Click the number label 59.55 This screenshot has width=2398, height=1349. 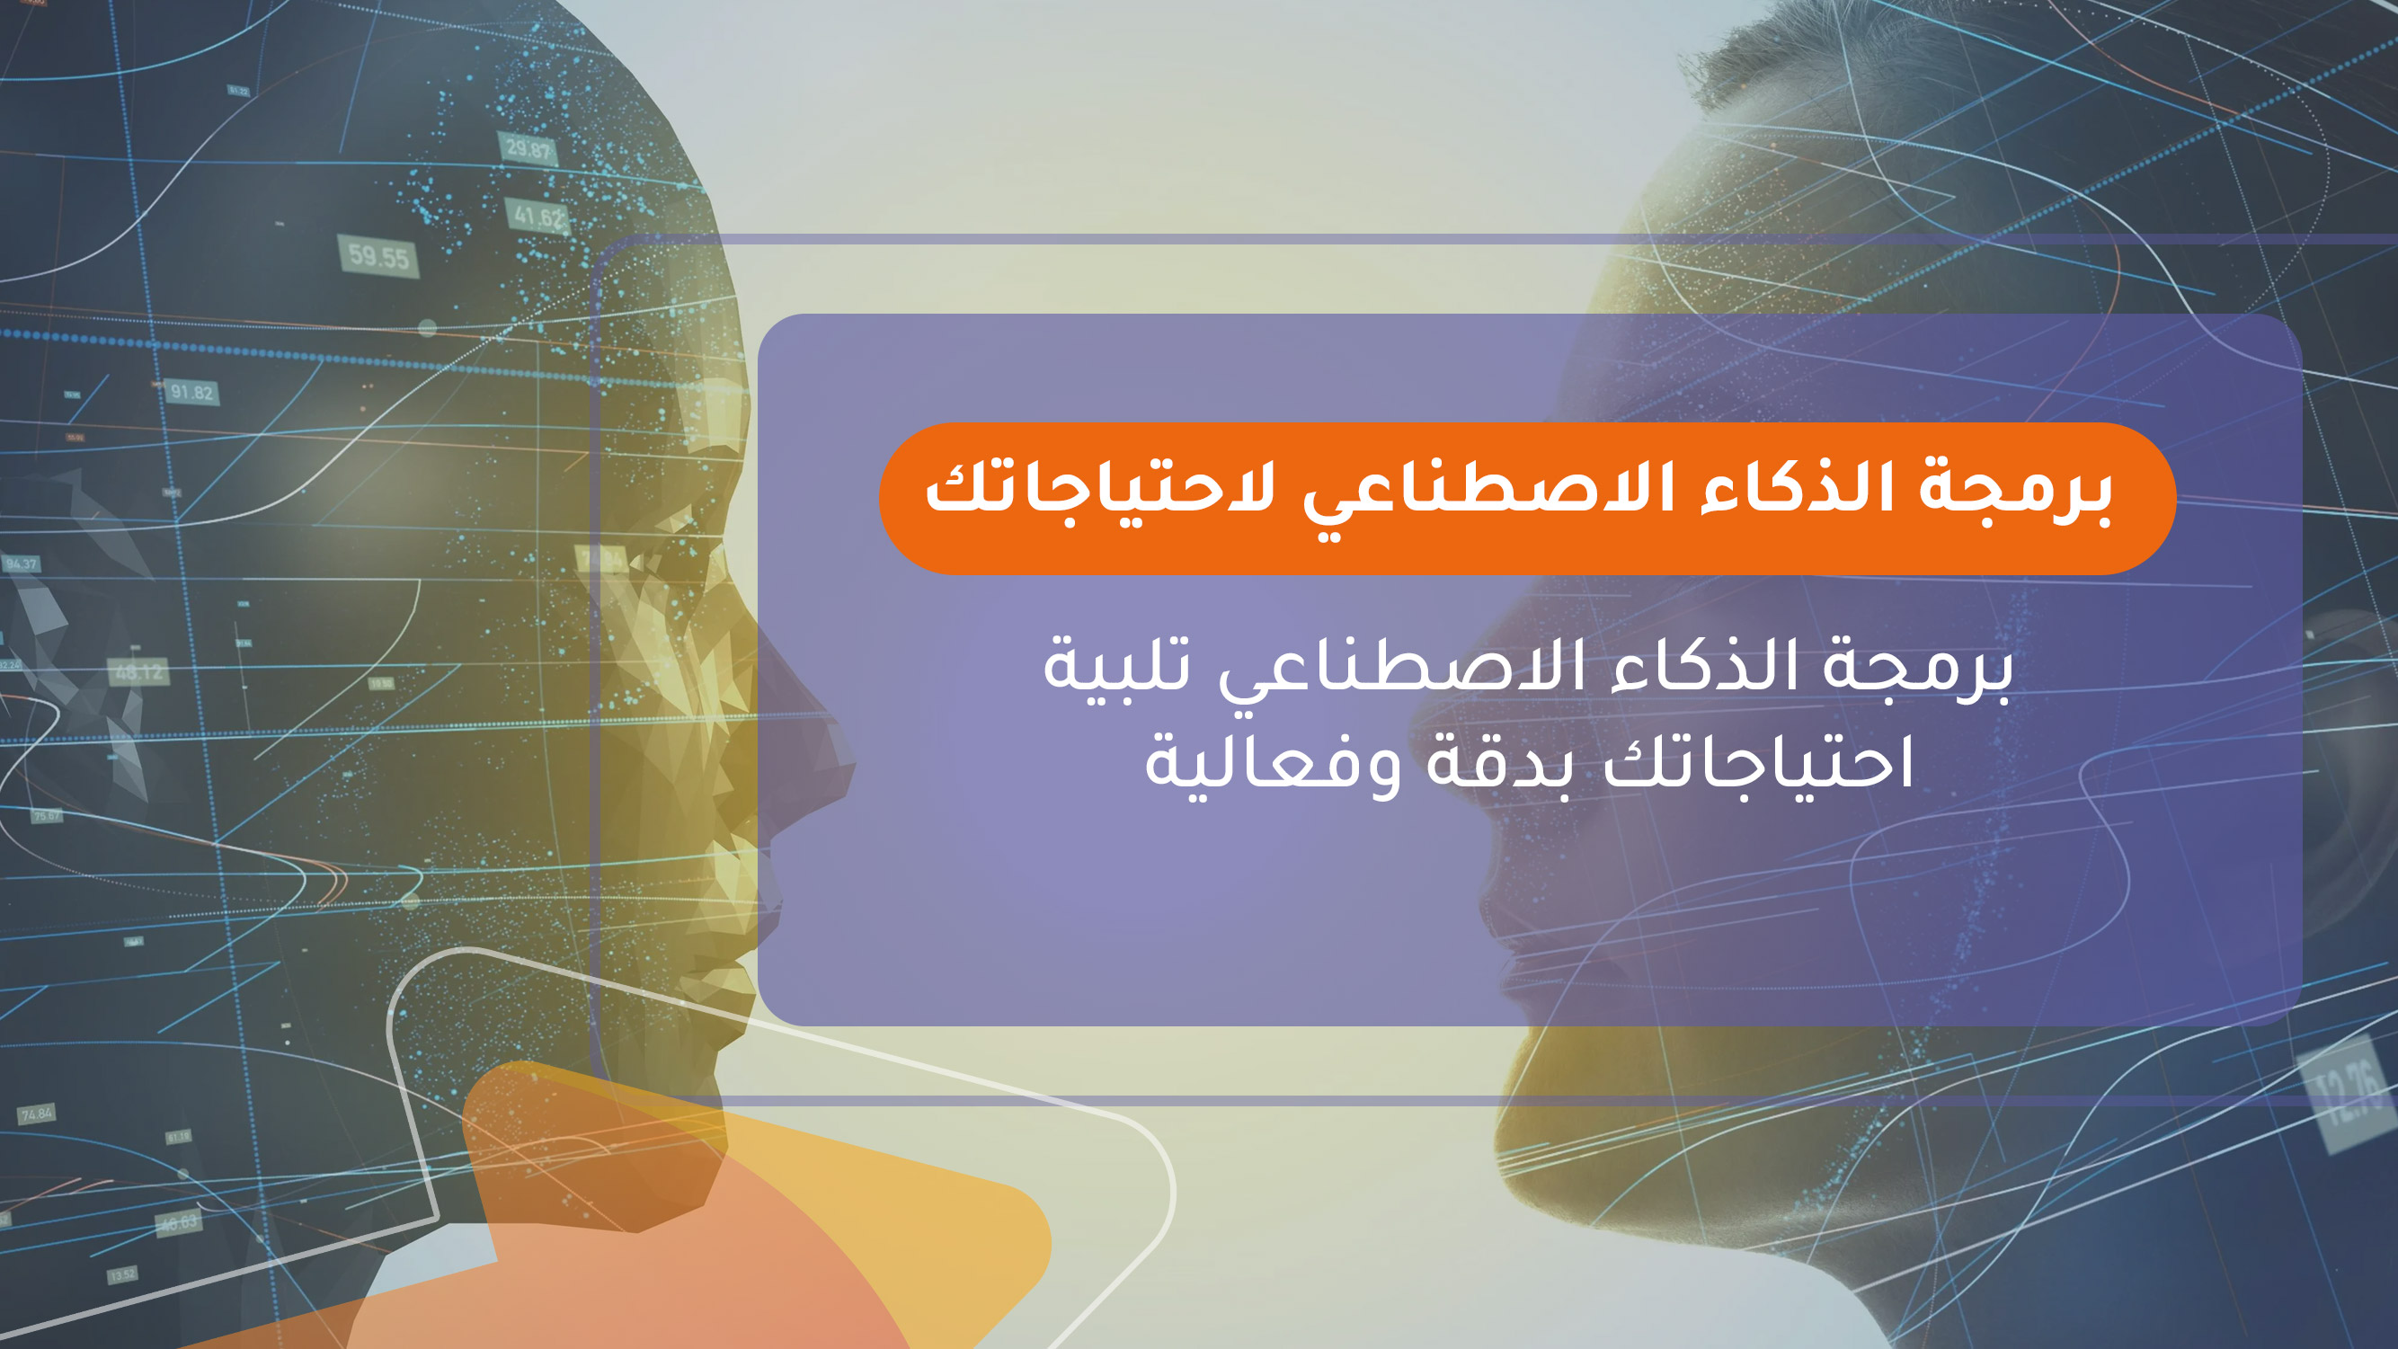click(377, 256)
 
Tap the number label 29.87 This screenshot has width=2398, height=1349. click(528, 148)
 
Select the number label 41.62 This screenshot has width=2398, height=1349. click(539, 217)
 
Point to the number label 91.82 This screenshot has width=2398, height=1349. click(191, 392)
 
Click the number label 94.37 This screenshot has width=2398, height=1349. click(21, 564)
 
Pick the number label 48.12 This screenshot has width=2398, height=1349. click(138, 671)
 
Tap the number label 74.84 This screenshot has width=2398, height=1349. click(37, 1114)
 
